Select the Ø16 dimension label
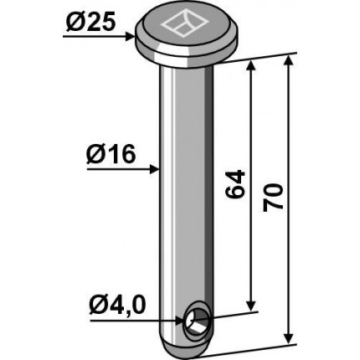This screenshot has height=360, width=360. (x=111, y=154)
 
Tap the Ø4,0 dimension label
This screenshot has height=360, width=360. (x=117, y=305)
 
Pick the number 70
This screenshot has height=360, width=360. (x=274, y=197)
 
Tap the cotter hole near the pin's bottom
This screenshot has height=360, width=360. (x=197, y=320)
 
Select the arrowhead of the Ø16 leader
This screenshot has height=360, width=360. (x=154, y=169)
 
